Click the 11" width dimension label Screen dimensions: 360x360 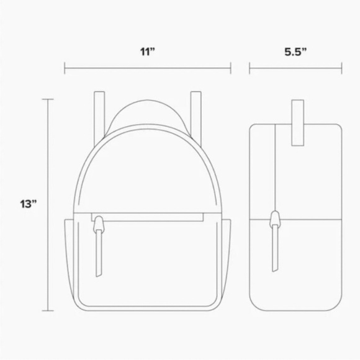pos(147,52)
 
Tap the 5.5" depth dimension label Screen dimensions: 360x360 pos(295,52)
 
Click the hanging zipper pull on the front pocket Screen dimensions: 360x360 pos(98,251)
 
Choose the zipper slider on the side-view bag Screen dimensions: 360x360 pos(274,219)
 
